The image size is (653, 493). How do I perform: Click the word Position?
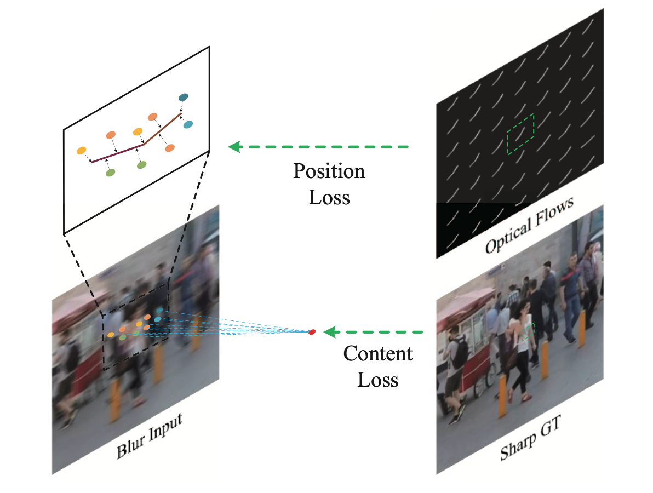(329, 172)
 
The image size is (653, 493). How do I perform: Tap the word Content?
(378, 354)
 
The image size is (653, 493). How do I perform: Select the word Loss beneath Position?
(329, 197)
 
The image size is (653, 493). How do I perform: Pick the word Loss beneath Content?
(378, 380)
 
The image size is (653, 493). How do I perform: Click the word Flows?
(554, 210)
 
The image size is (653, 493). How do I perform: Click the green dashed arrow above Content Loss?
(375, 332)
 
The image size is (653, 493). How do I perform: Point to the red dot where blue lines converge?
(312, 332)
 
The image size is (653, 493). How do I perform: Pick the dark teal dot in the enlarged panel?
(183, 98)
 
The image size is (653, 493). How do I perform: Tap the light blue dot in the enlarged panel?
(188, 125)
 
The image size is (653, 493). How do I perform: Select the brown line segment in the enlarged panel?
(162, 129)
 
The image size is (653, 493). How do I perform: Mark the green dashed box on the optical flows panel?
(520, 134)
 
